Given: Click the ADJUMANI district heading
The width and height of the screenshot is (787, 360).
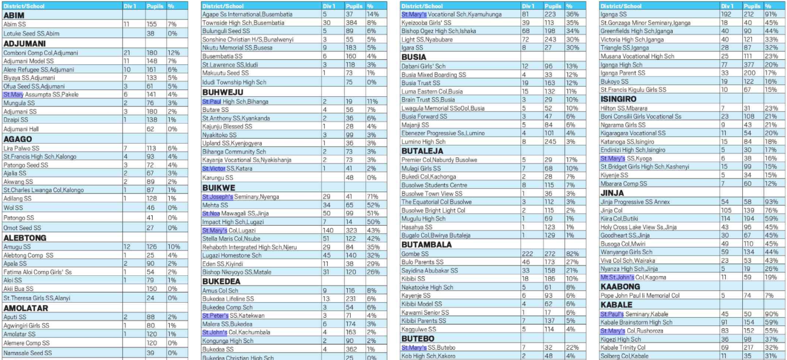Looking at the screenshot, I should [24, 43].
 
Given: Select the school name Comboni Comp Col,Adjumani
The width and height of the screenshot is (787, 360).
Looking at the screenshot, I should [41, 53].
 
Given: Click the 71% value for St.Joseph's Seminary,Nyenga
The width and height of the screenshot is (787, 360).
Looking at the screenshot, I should [373, 197].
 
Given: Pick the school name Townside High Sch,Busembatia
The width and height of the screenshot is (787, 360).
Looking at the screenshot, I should [243, 22].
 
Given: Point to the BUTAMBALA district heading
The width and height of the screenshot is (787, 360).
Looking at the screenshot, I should [427, 245].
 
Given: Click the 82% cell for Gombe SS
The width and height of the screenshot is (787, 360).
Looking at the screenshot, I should [572, 253].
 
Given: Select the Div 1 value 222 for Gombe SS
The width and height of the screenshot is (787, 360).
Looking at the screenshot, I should [527, 253].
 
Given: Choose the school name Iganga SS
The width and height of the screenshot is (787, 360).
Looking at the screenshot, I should [613, 14].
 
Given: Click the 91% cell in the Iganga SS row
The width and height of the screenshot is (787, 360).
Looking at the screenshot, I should [771, 14].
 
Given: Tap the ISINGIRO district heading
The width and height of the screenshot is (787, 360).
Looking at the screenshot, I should [618, 99].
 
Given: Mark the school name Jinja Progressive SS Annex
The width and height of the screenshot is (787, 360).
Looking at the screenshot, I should [635, 201].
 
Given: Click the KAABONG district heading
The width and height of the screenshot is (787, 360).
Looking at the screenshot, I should [620, 287].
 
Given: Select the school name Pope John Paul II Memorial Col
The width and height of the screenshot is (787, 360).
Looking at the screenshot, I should [640, 295].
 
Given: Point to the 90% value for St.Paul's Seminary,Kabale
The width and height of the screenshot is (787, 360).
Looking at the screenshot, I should [771, 314].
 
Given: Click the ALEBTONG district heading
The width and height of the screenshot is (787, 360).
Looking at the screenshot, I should [25, 238].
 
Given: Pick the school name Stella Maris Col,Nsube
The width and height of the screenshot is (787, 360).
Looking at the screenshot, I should [231, 238].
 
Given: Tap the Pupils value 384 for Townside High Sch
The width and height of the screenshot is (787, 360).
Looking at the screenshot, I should [351, 22].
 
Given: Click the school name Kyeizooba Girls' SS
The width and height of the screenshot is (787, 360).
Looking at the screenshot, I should [426, 22].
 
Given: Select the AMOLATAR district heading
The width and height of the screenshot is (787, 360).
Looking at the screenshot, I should [26, 308].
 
